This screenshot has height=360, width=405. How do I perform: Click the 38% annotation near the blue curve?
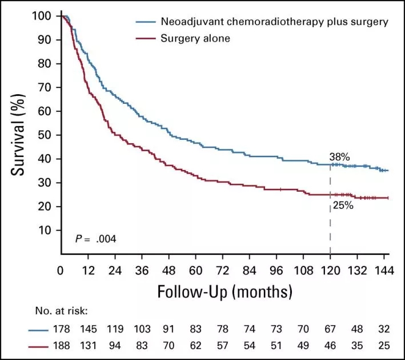coord(339,156)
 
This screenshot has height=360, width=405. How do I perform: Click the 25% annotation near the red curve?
coord(342,205)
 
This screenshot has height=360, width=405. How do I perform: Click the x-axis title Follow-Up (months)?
coord(225,292)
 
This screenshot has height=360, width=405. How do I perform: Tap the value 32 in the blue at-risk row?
coord(384,329)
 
